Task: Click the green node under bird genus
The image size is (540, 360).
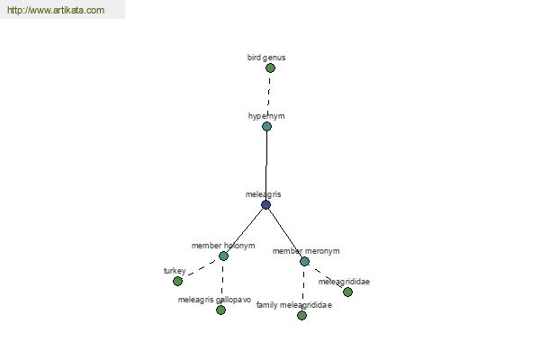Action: [270, 67]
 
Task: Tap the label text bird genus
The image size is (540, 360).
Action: [266, 58]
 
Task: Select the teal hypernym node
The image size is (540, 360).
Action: [267, 126]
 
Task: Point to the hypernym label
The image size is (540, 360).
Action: [266, 116]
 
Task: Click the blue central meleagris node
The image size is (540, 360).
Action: [265, 205]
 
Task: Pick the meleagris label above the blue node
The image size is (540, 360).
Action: [263, 194]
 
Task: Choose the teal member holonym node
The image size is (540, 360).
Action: [223, 256]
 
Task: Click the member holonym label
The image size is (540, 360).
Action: [223, 246]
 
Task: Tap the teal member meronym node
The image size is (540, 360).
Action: [304, 262]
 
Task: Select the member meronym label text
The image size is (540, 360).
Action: [306, 251]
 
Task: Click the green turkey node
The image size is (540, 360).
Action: [177, 282]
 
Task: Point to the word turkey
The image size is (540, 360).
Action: [175, 271]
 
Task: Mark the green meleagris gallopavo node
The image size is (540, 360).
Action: [220, 310]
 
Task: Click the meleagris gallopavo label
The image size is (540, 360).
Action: [214, 300]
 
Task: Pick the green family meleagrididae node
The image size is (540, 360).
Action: [302, 315]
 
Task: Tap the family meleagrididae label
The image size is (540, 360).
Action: [294, 305]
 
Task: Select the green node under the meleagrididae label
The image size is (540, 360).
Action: [347, 292]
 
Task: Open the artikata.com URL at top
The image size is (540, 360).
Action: [56, 10]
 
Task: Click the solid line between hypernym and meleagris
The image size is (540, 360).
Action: [266, 166]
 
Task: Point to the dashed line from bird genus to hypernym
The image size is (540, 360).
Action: [269, 93]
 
